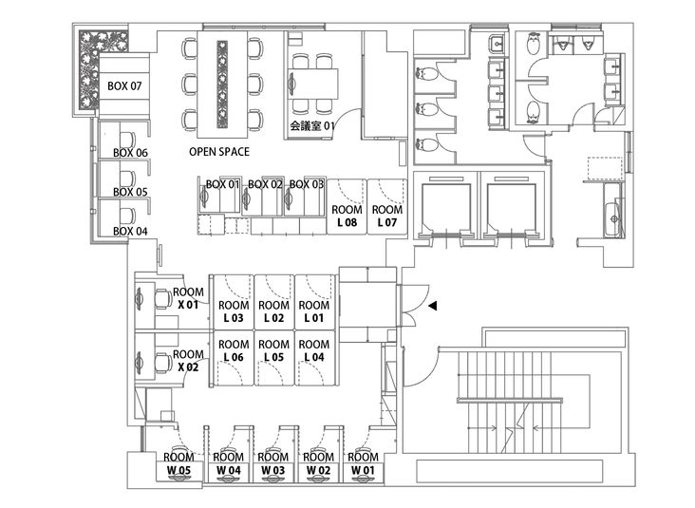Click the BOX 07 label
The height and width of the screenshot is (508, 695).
[125, 86]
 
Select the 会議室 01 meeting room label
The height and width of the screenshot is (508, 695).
[313, 125]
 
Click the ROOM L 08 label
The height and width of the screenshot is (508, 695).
[347, 216]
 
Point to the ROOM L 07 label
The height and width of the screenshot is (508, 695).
[386, 216]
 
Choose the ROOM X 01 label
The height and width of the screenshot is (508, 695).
[189, 298]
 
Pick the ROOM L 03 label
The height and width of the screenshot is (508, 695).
[234, 311]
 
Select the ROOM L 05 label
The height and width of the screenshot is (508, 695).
[273, 350]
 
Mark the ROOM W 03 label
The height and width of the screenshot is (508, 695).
[272, 463]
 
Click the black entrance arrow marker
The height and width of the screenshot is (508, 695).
[433, 306]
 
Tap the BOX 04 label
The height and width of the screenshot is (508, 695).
[130, 231]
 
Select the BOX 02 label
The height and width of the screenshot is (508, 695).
[266, 184]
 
